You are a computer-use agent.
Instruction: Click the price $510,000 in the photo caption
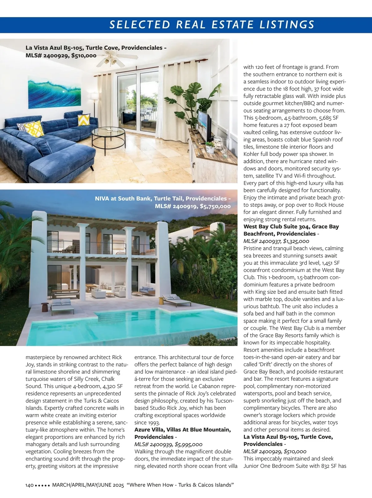(x=84, y=56)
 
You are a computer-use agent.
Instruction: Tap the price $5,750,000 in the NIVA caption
(x=215, y=206)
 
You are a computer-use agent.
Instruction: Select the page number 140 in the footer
(x=29, y=485)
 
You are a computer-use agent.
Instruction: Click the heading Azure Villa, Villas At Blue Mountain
(x=182, y=430)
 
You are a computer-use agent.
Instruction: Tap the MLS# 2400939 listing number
(x=153, y=444)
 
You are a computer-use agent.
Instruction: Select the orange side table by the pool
(x=161, y=300)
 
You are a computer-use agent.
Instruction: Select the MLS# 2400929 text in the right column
(x=262, y=451)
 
